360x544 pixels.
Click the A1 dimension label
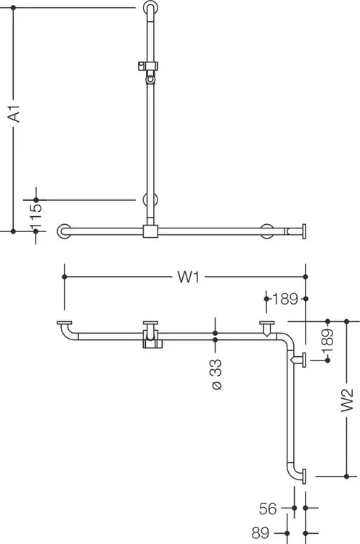coord(15,113)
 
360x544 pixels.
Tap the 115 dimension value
coord(36,216)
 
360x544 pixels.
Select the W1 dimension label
coord(189,277)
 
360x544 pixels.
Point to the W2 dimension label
coord(347,400)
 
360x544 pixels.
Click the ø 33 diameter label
coord(216,375)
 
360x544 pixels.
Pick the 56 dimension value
coord(268,508)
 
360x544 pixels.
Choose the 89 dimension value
coord(261,532)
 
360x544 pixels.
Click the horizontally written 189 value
coord(285,299)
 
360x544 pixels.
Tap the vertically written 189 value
coord(328,341)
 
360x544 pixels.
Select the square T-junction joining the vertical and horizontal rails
coord(150,231)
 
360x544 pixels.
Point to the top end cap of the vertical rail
coord(150,8)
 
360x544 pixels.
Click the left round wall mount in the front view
coord(64,231)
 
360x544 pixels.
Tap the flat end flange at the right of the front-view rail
coord(304,231)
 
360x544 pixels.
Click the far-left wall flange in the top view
coord(65,323)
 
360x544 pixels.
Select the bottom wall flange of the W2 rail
coord(304,476)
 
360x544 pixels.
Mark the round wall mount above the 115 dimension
coord(150,200)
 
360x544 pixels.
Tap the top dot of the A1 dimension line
coord(14,7)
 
